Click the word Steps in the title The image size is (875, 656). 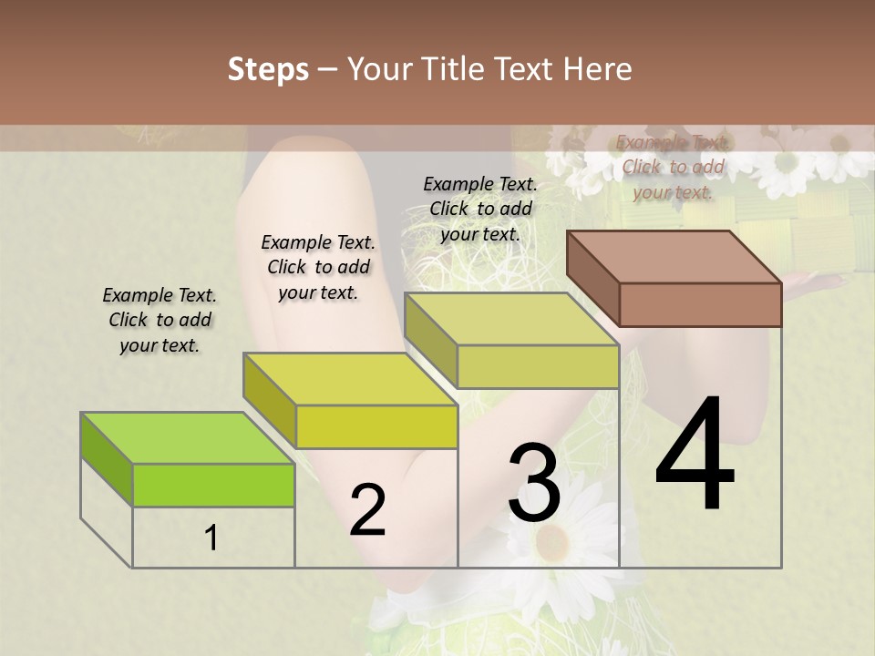(268, 69)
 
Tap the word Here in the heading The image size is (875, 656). (597, 69)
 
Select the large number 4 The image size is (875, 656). (695, 456)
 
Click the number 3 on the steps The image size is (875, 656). (534, 482)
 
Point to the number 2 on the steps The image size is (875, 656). (367, 510)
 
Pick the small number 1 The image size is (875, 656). (211, 538)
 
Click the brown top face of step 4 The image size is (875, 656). (674, 257)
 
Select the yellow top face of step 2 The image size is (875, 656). (351, 379)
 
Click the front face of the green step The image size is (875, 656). (213, 485)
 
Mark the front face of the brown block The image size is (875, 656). (700, 304)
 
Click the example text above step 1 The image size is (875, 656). (160, 320)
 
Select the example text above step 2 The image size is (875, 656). (318, 267)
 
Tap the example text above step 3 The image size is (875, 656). (480, 209)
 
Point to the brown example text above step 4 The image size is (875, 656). (673, 167)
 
